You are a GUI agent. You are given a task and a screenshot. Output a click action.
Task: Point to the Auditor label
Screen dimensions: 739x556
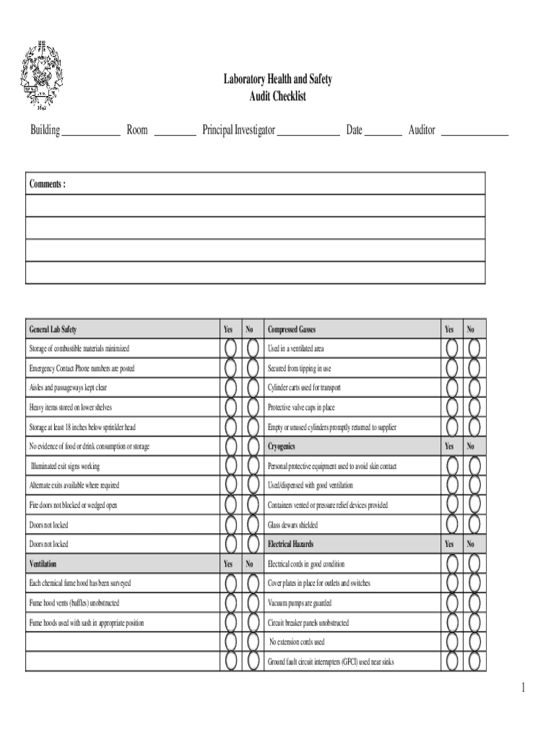(422, 131)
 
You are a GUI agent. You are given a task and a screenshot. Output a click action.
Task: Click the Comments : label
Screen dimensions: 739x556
(48, 184)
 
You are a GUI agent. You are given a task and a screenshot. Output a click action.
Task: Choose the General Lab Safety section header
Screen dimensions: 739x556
(53, 330)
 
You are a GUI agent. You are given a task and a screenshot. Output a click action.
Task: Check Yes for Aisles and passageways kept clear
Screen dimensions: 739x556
(230, 388)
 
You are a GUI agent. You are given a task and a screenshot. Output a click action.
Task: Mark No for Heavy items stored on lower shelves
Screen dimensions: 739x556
(253, 407)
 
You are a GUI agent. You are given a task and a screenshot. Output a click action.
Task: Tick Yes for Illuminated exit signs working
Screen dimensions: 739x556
(230, 466)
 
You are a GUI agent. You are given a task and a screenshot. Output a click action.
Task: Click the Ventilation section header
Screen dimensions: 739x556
(43, 564)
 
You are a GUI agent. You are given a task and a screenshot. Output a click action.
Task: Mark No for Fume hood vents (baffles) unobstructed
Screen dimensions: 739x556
(253, 603)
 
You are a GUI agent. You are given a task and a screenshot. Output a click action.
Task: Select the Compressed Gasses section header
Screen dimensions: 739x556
(292, 330)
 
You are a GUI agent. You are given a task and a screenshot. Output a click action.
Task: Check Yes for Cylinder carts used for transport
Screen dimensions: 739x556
(452, 388)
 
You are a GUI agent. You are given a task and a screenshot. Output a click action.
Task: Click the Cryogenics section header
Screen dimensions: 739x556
(282, 447)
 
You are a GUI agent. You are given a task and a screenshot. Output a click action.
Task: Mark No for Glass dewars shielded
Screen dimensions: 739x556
(474, 525)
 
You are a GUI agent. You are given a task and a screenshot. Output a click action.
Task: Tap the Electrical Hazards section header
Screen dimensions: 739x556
(290, 544)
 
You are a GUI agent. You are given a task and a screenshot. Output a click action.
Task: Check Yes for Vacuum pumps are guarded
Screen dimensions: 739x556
(452, 603)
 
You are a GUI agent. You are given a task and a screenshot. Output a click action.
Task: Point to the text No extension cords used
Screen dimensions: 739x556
(297, 642)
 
